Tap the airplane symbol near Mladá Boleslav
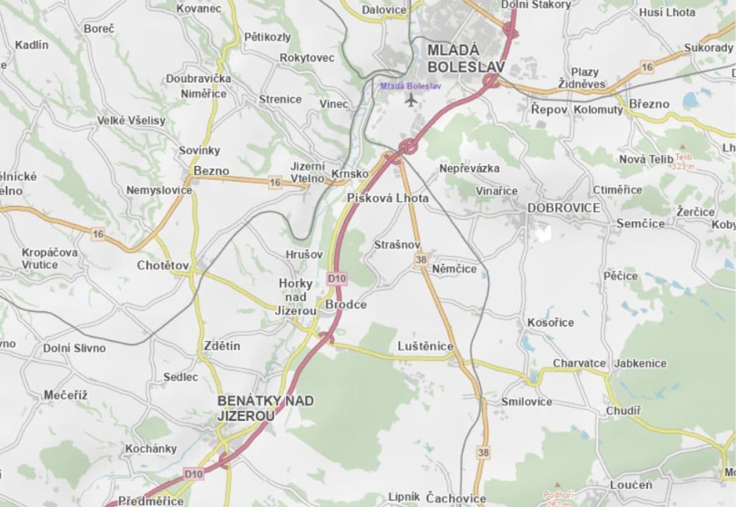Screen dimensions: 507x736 [x=411, y=99]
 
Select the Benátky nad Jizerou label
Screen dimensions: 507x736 [x=265, y=408]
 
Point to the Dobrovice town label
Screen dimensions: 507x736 [x=564, y=207]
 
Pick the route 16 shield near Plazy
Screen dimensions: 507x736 [x=646, y=67]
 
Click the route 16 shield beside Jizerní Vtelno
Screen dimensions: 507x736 [x=274, y=183]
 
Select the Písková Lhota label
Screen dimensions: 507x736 [x=388, y=198]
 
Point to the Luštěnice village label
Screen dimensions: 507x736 [x=426, y=346]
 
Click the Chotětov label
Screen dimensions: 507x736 [x=163, y=266]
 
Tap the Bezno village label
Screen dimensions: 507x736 [x=211, y=170]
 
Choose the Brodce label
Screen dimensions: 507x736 [x=346, y=305]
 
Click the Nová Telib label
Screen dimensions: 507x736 [x=646, y=158]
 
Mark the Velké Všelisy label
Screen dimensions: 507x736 [x=131, y=120]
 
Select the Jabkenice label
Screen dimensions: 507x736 [x=640, y=363]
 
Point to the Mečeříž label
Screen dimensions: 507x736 [x=65, y=395]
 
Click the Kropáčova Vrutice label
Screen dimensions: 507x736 [x=49, y=258]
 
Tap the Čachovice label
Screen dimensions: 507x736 [x=456, y=498]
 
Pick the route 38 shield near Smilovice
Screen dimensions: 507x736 [x=484, y=452]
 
